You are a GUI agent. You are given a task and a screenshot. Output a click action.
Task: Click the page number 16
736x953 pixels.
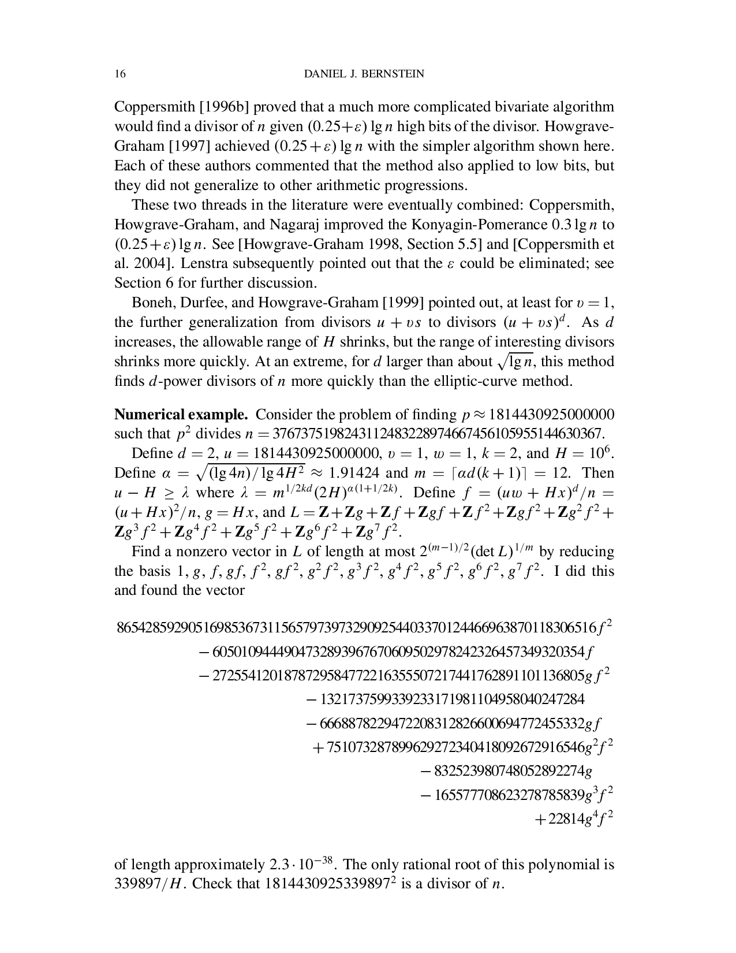(120, 74)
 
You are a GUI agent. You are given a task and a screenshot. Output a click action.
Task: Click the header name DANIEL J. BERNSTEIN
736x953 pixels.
(364, 74)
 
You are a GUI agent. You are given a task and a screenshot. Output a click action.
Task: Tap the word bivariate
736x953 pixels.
(518, 107)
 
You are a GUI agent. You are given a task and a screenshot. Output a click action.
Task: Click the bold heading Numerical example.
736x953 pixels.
(181, 415)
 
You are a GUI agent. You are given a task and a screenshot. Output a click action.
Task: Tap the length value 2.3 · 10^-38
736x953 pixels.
(303, 864)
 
